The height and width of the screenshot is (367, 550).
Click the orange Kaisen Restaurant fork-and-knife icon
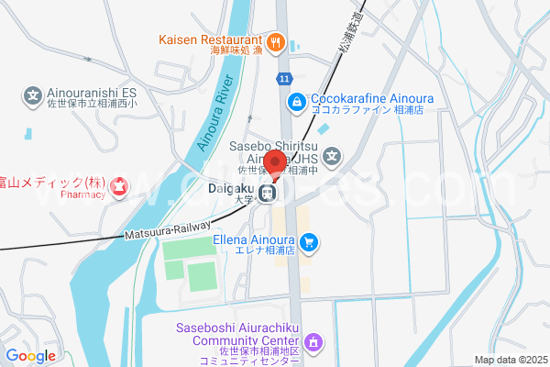coord(274,41)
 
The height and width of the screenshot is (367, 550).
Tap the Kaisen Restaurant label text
coord(210,40)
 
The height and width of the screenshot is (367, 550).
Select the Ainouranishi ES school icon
coord(32,94)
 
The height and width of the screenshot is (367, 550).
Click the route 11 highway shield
coord(286,79)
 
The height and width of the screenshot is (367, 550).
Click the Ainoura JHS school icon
coord(332,157)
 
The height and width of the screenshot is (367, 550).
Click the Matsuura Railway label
coord(167,230)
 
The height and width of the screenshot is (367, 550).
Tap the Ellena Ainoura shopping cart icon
coord(310,243)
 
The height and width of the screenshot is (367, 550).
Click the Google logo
coord(30,356)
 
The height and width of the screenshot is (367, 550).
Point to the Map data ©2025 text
coord(510,360)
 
